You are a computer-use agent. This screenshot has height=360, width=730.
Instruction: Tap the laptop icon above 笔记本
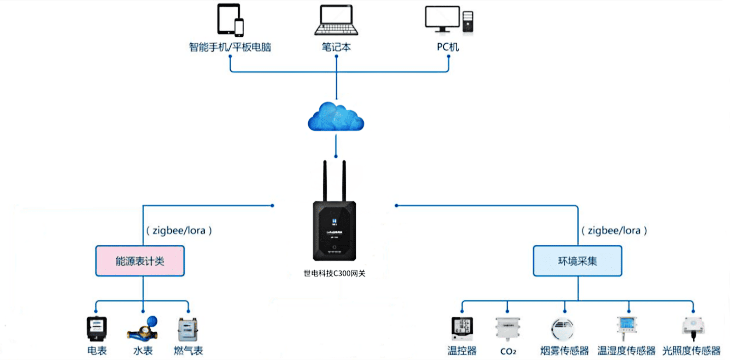tap(336, 20)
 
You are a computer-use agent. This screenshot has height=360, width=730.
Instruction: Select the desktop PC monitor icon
tap(442, 18)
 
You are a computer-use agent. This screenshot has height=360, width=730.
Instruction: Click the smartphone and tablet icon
tap(230, 20)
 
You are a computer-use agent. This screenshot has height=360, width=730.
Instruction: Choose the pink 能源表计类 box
tap(140, 261)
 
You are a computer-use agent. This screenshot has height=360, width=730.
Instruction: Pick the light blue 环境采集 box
tap(577, 261)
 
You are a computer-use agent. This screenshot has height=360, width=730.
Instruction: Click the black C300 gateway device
tap(334, 231)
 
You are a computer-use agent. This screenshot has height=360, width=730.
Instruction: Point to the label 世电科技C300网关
tap(334, 273)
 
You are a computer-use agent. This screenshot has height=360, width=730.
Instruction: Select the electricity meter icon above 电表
tap(97, 329)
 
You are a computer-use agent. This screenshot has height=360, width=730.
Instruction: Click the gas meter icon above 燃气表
tap(188, 329)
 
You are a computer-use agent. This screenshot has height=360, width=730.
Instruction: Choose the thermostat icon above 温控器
tap(462, 329)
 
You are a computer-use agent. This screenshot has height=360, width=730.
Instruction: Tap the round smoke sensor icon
tap(562, 329)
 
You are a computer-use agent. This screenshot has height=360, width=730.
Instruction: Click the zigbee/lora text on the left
tap(179, 231)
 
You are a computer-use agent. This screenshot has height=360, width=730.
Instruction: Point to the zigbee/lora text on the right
tap(614, 231)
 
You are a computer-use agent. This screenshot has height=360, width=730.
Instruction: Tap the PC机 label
tap(448, 47)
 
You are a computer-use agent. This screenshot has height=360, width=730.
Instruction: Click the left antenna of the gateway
tap(325, 180)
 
